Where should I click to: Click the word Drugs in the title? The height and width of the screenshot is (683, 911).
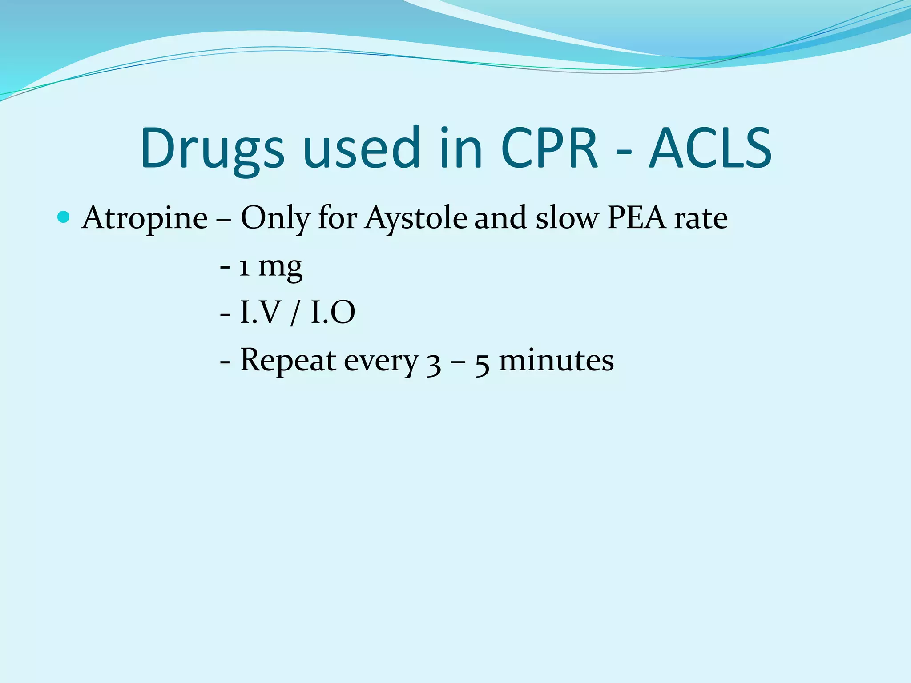pyautogui.click(x=212, y=149)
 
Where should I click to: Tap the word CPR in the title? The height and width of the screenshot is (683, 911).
pyautogui.click(x=549, y=149)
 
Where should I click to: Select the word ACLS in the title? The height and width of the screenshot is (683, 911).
pyautogui.click(x=710, y=149)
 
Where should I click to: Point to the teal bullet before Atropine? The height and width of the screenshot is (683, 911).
pyautogui.click(x=64, y=217)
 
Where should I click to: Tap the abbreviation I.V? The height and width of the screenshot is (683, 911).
pyautogui.click(x=258, y=313)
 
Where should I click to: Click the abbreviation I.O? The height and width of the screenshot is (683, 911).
pyautogui.click(x=333, y=313)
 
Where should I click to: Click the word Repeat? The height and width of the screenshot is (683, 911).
pyautogui.click(x=288, y=360)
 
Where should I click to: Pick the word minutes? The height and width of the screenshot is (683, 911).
pyautogui.click(x=556, y=360)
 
